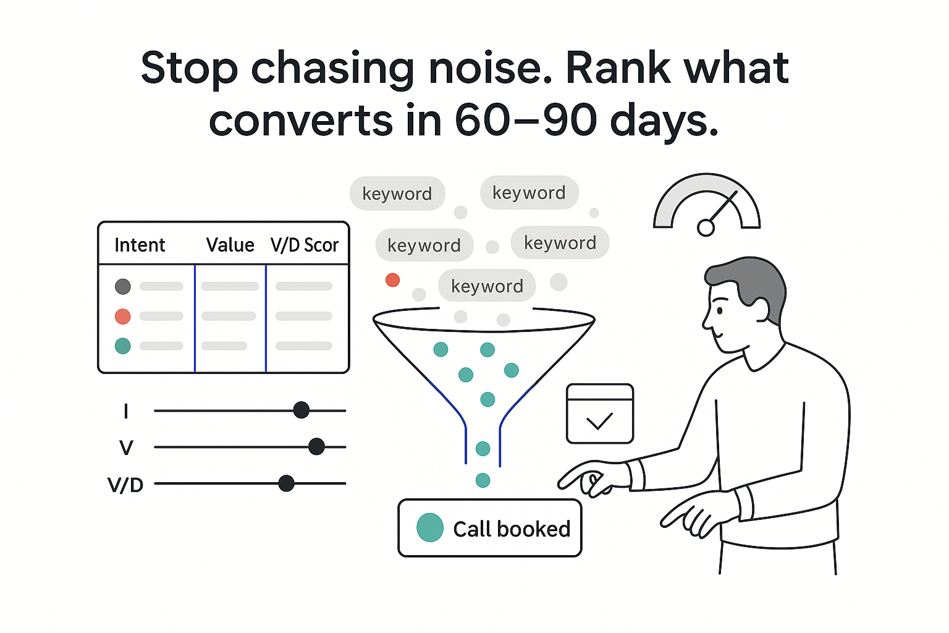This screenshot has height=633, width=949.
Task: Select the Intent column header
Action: (140, 245)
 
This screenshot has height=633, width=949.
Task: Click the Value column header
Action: (230, 245)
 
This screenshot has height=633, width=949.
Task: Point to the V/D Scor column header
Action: (305, 245)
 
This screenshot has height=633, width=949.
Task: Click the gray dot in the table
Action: (123, 286)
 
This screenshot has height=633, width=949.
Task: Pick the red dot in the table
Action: (123, 316)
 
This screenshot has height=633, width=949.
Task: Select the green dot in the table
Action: (123, 346)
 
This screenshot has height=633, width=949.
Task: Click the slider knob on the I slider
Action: (302, 410)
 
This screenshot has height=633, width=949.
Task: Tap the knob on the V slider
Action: (316, 446)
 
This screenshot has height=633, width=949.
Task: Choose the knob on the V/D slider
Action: (286, 483)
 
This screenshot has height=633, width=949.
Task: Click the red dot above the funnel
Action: (392, 280)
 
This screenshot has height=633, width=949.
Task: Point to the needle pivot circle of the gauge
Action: (706, 228)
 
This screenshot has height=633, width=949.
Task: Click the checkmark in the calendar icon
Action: (599, 422)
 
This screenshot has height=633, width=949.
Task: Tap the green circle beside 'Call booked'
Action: (430, 528)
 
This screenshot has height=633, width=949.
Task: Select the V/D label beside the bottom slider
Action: (125, 485)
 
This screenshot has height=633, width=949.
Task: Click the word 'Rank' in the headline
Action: (618, 68)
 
